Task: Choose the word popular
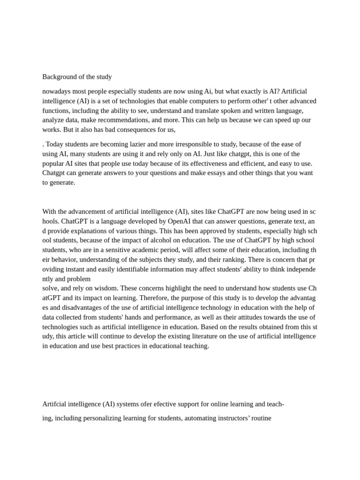[54, 164]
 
